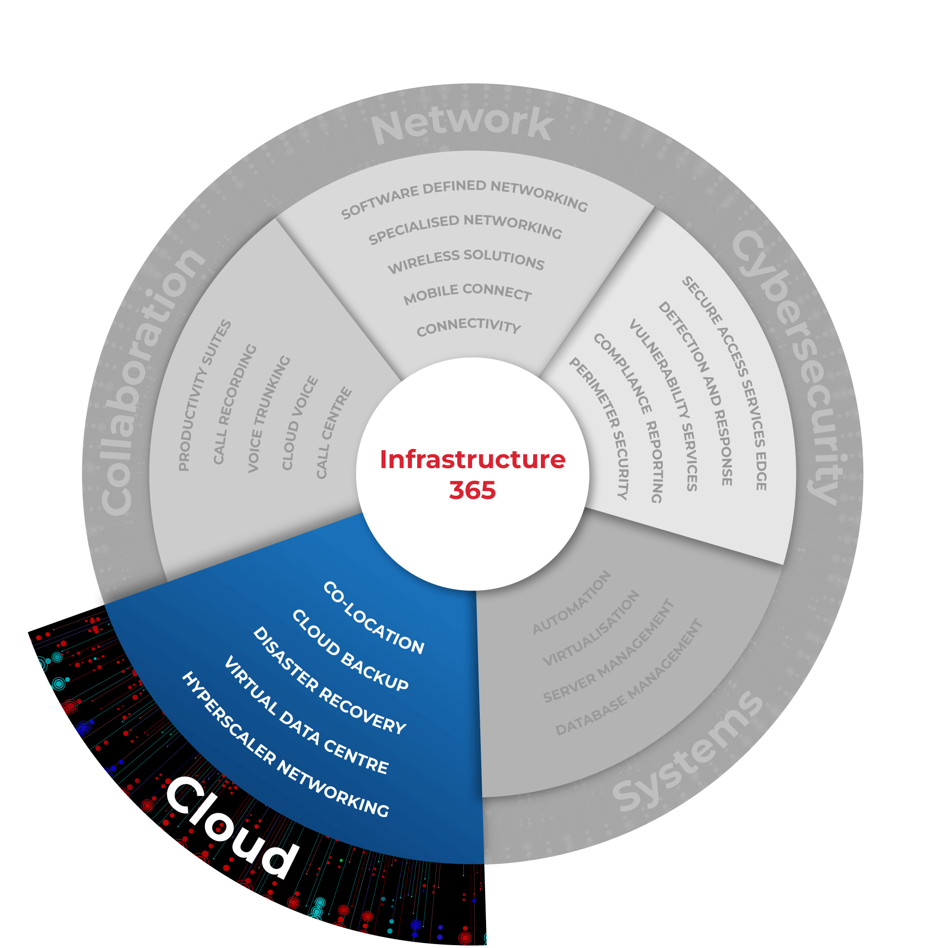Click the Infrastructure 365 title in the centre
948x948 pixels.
coord(473,474)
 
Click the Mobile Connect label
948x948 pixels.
coord(468,293)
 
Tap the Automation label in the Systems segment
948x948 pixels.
coord(572,602)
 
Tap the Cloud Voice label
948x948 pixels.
coord(299,423)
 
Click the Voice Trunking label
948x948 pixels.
coord(269,414)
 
